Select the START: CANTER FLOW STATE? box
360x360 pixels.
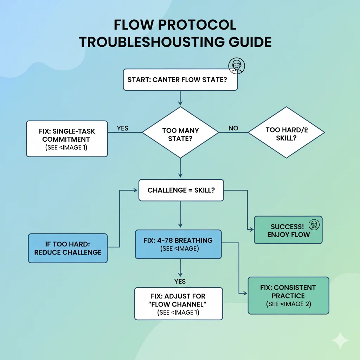tap(180, 79)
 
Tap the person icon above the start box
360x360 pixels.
tap(236, 66)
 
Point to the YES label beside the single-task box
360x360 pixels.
tap(122, 128)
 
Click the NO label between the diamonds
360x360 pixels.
tap(233, 128)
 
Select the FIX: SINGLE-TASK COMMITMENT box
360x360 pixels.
tap(67, 139)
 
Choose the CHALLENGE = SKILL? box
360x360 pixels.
tap(181, 190)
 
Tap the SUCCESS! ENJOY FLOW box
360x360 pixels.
tap(288, 230)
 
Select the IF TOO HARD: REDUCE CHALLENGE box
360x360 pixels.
tap(68, 248)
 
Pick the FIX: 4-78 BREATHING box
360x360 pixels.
tap(178, 244)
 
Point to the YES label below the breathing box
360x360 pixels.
tap(180, 281)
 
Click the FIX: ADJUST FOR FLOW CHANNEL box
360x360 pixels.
tap(179, 303)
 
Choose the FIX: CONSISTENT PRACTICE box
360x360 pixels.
tap(288, 295)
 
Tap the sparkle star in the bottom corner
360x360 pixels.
tap(340, 340)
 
